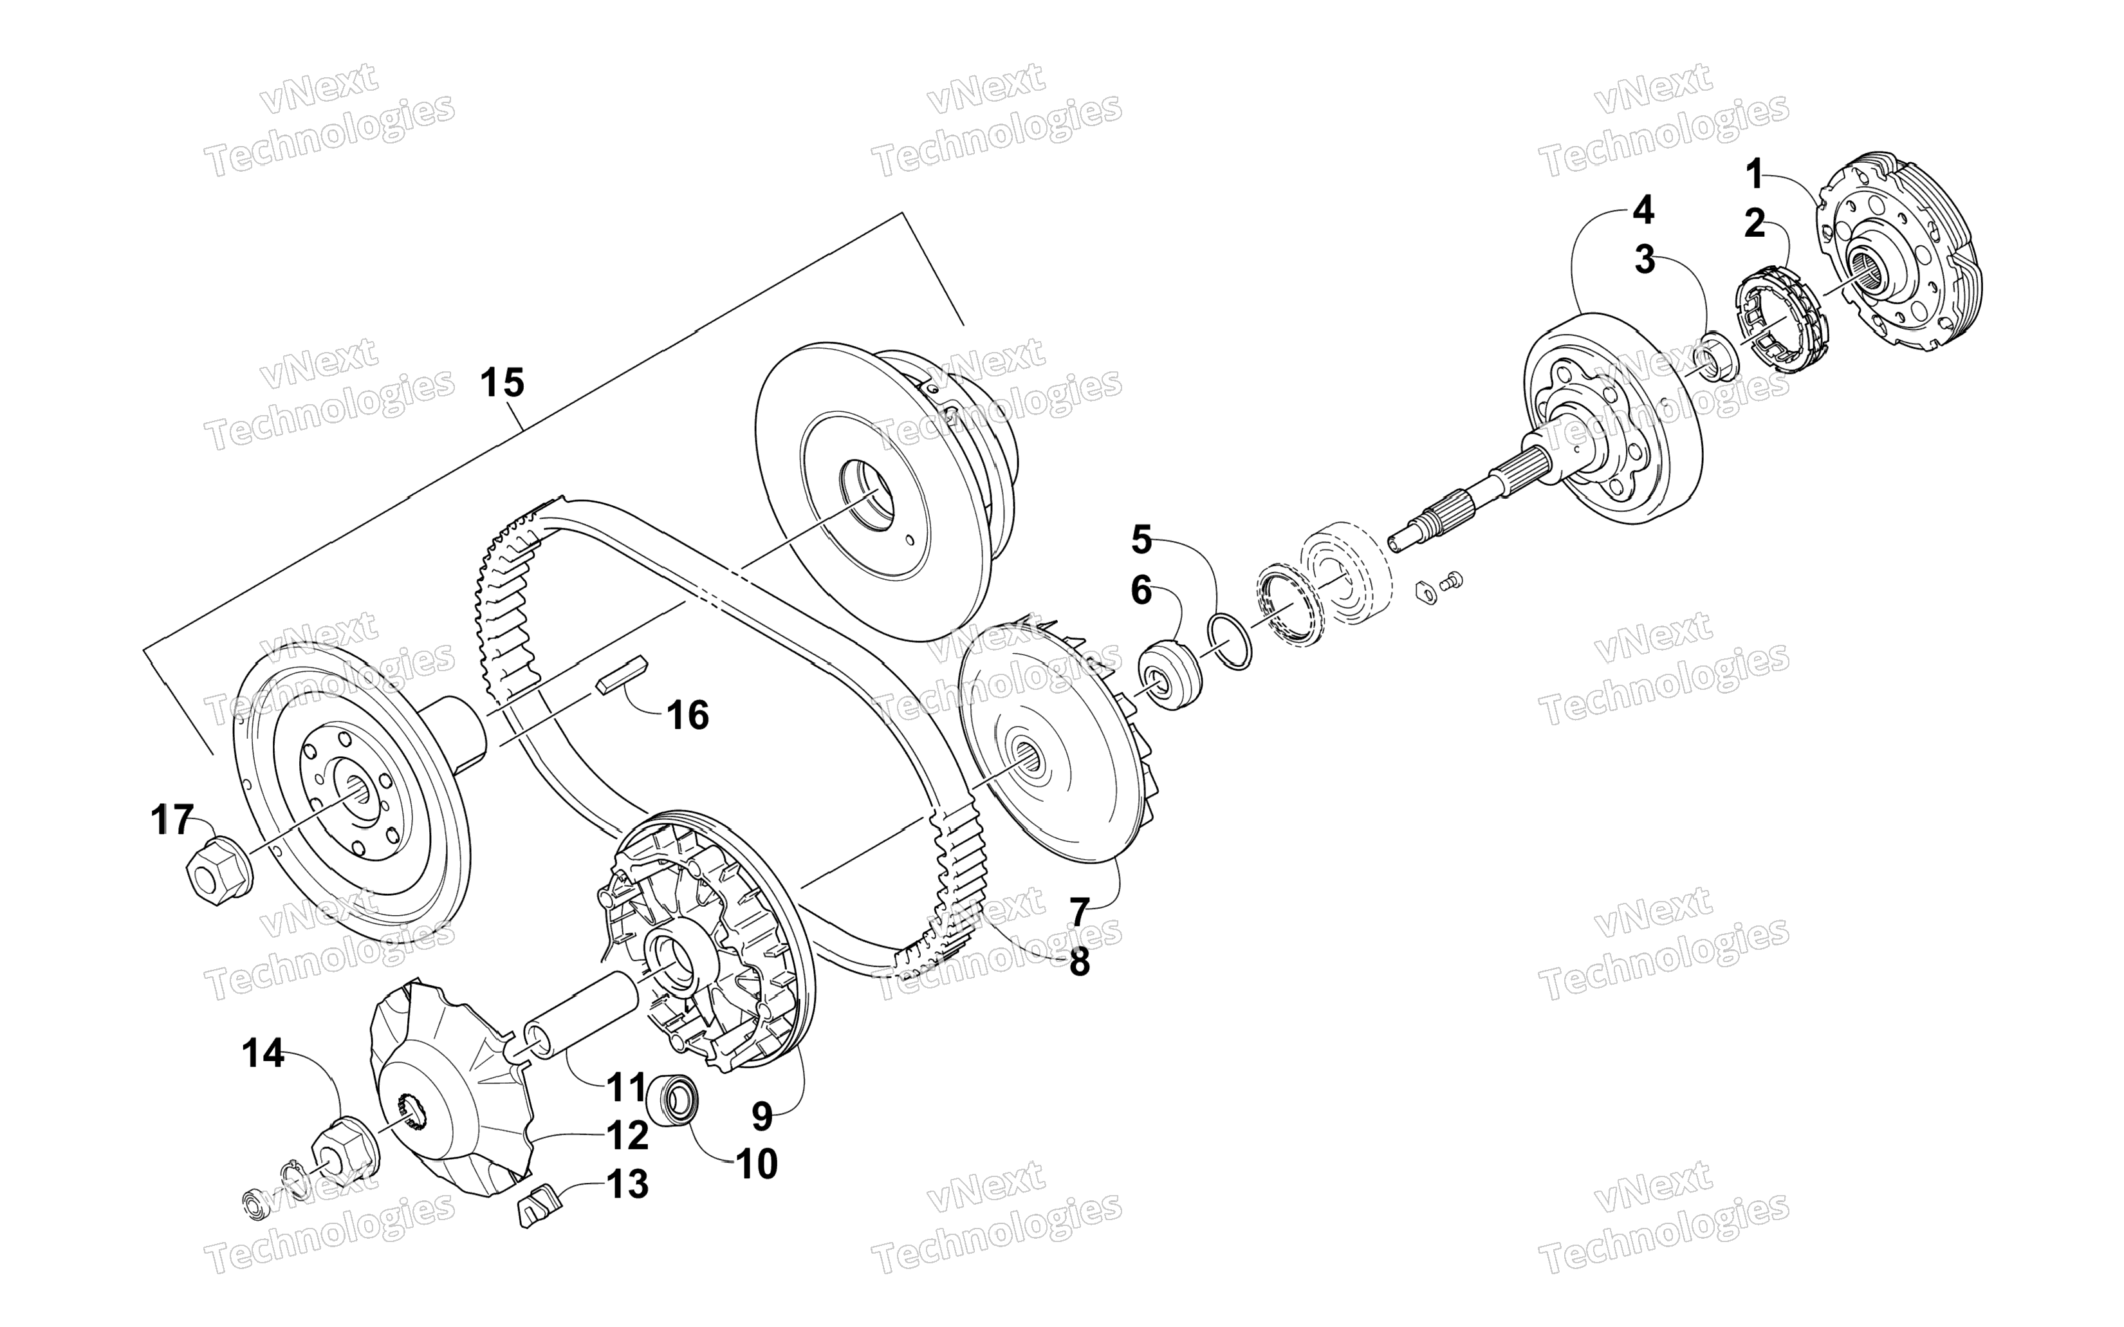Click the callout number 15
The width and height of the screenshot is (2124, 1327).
503,384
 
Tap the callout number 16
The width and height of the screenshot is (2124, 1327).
688,715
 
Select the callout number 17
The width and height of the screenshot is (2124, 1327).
171,820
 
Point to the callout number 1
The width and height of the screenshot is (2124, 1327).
1754,174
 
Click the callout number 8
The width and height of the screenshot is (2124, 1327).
1079,962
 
